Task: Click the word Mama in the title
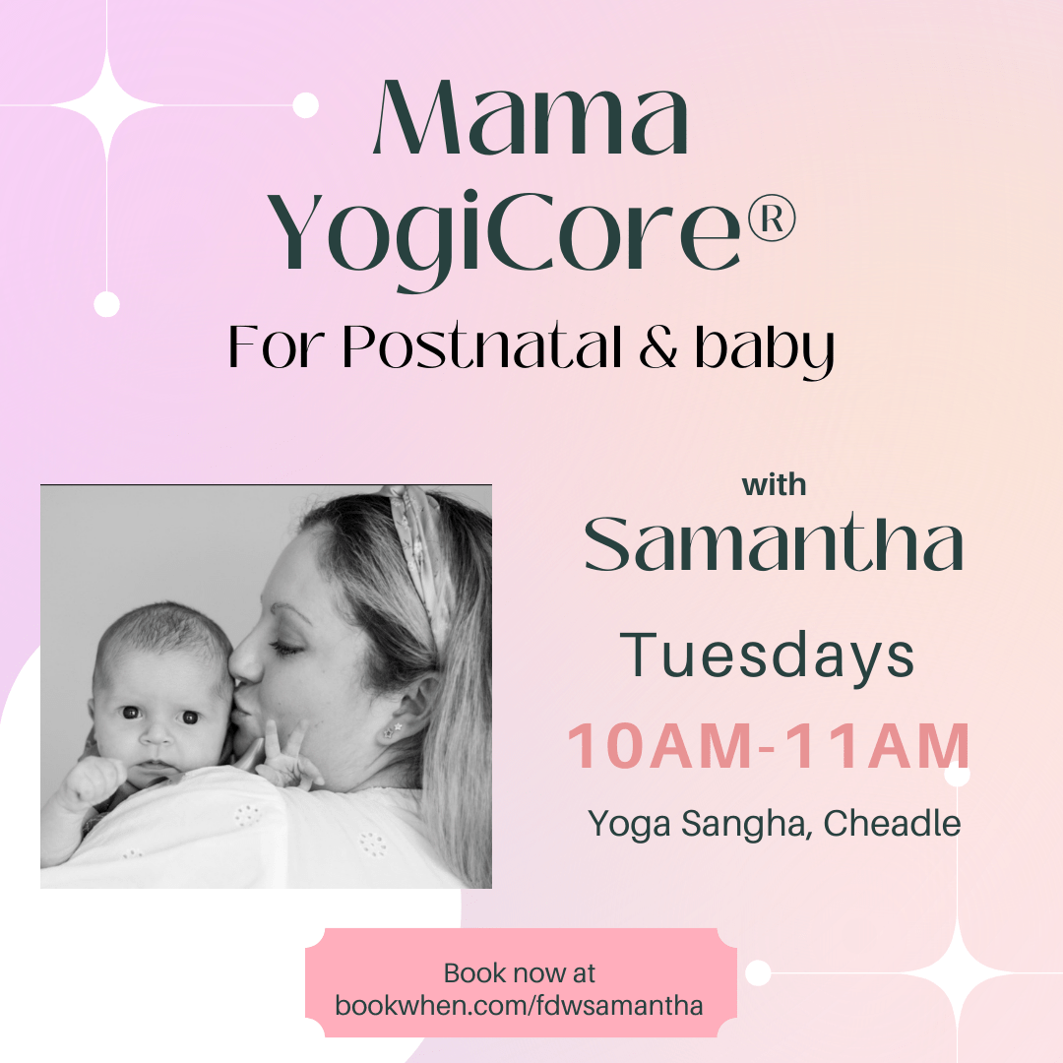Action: point(531,117)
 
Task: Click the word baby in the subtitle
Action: point(764,349)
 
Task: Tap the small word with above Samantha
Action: point(774,485)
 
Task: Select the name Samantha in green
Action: point(774,543)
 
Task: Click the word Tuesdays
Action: point(767,655)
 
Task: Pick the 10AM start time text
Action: point(659,746)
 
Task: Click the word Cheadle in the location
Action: point(892,824)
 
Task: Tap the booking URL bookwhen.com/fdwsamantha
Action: point(519,1005)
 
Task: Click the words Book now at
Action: point(520,973)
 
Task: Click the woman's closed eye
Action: point(284,649)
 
